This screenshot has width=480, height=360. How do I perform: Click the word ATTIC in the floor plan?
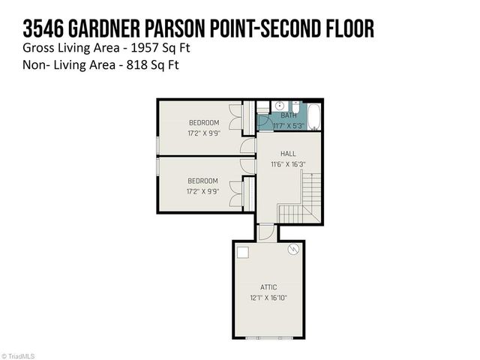point(269,287)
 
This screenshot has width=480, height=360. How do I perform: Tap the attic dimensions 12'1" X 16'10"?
point(269,298)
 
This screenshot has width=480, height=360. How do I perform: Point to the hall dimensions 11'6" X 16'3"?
point(288,163)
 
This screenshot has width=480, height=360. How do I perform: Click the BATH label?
point(289,115)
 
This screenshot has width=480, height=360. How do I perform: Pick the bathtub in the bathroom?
point(314,116)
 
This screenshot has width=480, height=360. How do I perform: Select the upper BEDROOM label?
point(203,123)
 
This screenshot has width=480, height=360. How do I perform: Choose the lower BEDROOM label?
point(203,181)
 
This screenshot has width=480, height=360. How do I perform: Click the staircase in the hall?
point(310,196)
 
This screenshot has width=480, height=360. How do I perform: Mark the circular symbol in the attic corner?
point(295,249)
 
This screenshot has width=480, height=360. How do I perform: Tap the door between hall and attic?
point(265,232)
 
